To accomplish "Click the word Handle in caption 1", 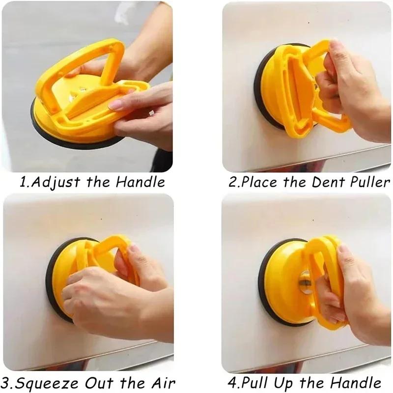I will coord(140,182).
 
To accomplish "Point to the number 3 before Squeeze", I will coord(7,383).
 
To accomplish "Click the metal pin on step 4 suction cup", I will coord(305,281).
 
